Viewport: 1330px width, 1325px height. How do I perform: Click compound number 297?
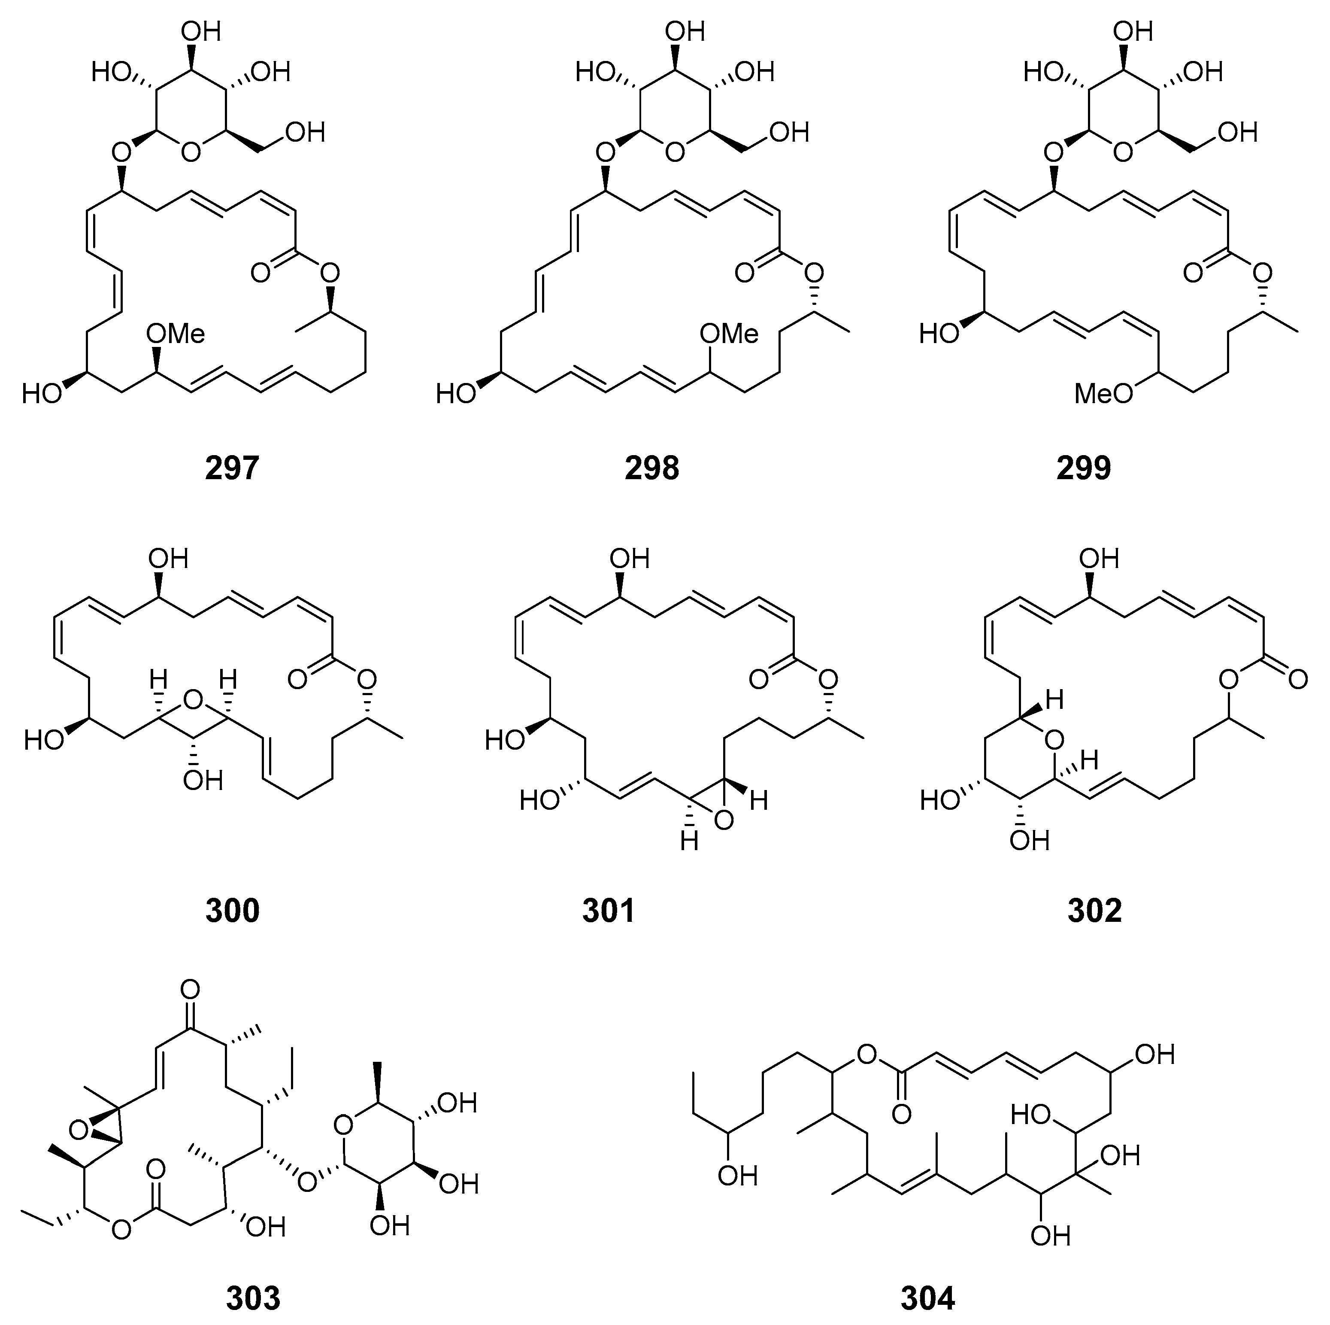(232, 468)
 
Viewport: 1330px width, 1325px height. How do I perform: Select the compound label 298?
(652, 468)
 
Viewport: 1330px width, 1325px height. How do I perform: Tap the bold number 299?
(1084, 468)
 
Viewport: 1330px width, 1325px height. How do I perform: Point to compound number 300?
(232, 910)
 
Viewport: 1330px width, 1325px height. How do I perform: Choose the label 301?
(608, 910)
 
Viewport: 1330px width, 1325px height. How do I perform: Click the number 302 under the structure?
(1094, 910)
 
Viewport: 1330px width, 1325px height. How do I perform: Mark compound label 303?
(253, 1298)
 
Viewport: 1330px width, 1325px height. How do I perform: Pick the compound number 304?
(927, 1298)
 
